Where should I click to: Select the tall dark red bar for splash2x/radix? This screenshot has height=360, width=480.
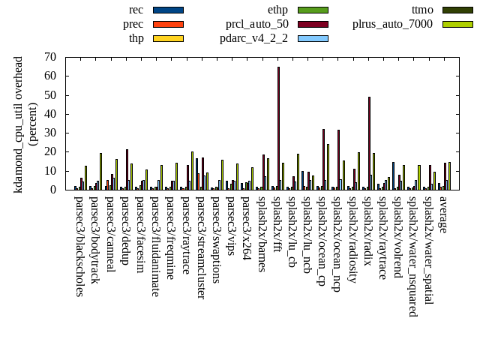click(369, 142)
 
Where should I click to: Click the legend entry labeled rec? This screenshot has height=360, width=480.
click(136, 10)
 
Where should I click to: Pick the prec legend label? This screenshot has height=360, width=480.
click(133, 24)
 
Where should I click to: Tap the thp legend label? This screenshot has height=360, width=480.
click(136, 38)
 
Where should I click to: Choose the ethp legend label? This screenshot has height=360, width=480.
click(277, 10)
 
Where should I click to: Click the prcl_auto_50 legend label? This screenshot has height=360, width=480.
click(256, 24)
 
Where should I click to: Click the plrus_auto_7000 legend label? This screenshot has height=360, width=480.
click(392, 24)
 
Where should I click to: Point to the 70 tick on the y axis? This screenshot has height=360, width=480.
click(50, 57)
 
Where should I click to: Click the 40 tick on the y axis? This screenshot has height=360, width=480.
click(50, 114)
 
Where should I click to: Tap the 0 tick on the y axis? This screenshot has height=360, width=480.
click(53, 190)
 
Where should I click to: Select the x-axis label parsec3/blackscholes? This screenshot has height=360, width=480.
click(79, 246)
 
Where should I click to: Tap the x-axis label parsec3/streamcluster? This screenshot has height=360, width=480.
click(200, 247)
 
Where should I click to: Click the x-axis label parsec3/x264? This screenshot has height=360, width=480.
click(246, 225)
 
